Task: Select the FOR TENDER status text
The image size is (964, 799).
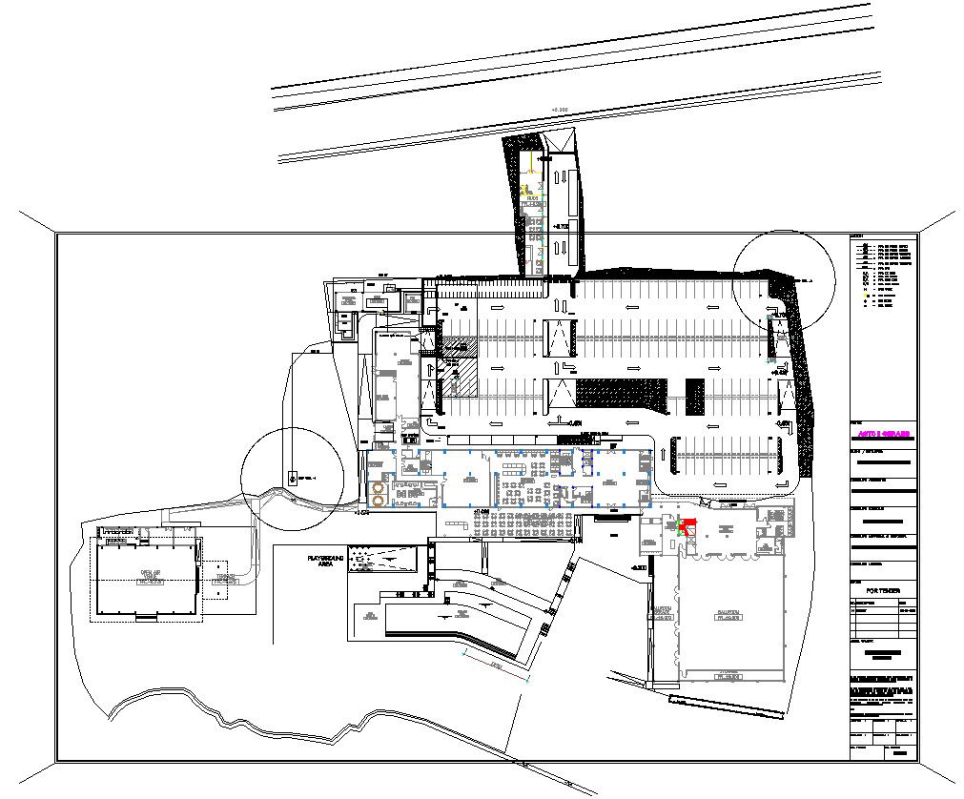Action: coord(882,591)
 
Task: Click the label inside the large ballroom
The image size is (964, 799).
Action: coord(729,615)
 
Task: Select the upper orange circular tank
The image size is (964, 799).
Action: coord(379,485)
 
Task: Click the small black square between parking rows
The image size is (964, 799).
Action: coord(694,396)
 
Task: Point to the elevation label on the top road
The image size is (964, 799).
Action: coord(560,111)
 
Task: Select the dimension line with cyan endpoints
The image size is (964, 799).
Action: coord(495,667)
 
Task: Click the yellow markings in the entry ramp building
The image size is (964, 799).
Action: coord(526,190)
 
